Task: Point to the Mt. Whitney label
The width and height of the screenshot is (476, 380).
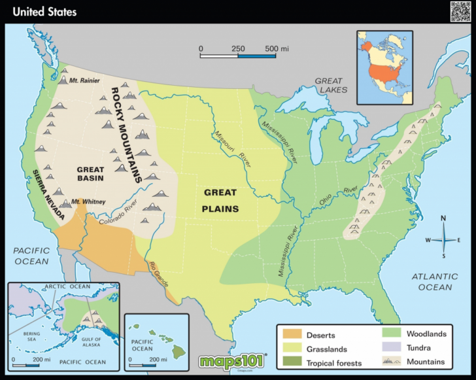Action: [88, 202]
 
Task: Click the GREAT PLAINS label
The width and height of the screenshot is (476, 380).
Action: [221, 201]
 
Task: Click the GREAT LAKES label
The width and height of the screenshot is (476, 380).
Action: [331, 85]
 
